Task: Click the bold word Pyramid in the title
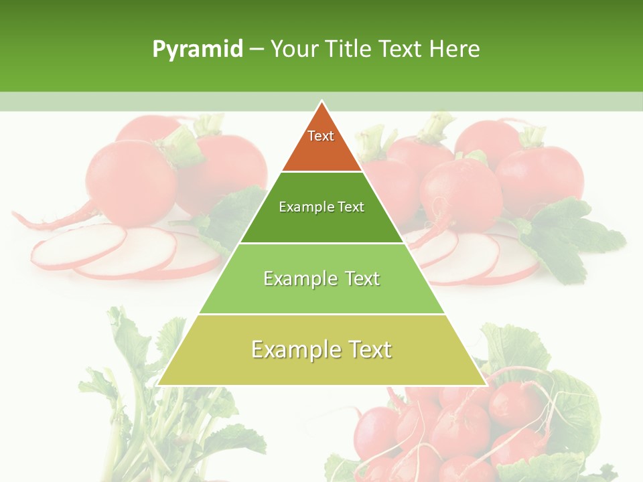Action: click(x=198, y=50)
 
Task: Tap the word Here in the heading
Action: click(x=454, y=50)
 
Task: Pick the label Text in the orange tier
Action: click(x=321, y=136)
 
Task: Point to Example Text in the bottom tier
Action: click(x=321, y=349)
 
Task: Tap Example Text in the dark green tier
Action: click(x=321, y=207)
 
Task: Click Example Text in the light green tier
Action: click(x=321, y=278)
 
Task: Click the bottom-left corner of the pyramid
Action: click(x=159, y=384)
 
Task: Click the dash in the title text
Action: click(x=257, y=50)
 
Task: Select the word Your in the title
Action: click(x=294, y=50)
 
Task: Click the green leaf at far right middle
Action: click(x=569, y=234)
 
